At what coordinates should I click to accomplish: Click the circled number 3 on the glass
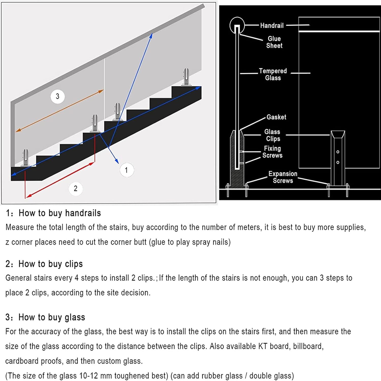(x=57, y=97)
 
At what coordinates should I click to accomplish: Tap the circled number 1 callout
(x=126, y=170)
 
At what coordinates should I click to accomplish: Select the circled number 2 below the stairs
(x=75, y=188)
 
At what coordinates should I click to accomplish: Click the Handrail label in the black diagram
(x=272, y=25)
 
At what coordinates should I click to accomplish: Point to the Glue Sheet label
(x=274, y=42)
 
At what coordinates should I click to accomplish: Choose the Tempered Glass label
(x=273, y=74)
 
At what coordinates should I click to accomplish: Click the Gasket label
(x=276, y=117)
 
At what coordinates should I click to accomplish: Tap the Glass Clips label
(x=272, y=135)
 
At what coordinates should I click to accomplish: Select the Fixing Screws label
(x=272, y=152)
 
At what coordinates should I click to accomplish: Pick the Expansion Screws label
(x=283, y=177)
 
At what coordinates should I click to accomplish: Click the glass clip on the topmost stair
(x=186, y=77)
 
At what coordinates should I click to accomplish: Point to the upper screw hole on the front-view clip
(x=338, y=152)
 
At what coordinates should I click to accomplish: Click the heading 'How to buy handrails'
(x=60, y=213)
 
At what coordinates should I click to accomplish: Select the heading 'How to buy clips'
(x=51, y=264)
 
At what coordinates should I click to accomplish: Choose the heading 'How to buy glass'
(x=52, y=317)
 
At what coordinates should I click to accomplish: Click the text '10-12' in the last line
(x=88, y=376)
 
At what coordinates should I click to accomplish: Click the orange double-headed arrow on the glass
(x=60, y=111)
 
